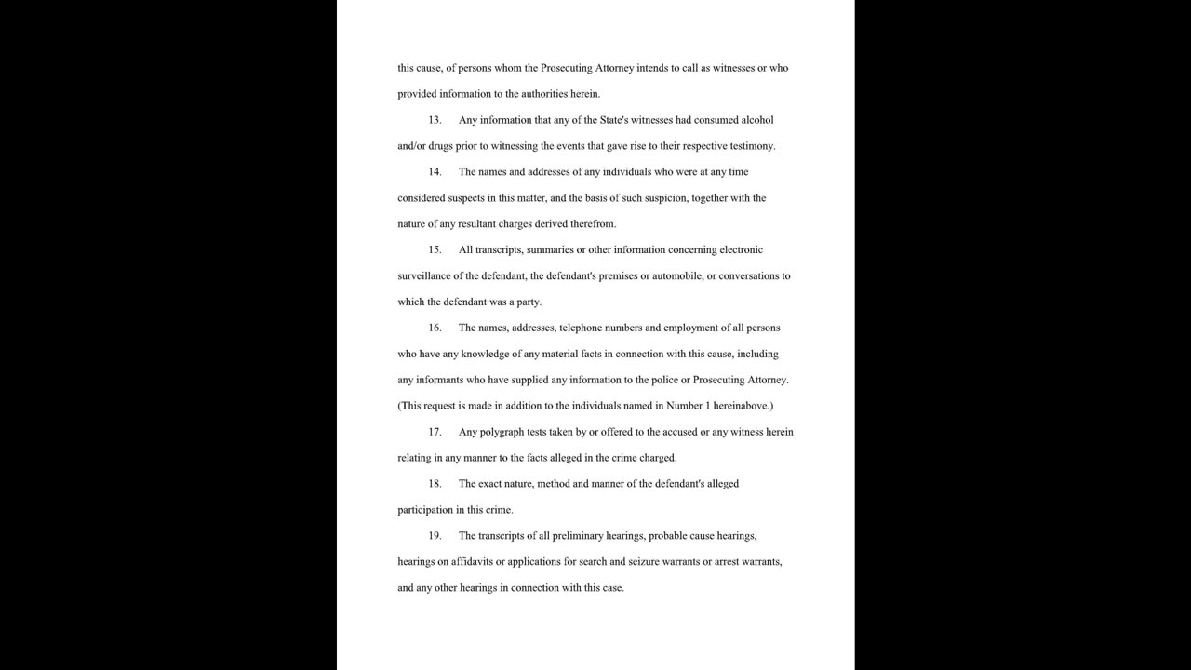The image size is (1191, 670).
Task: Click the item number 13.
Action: click(435, 120)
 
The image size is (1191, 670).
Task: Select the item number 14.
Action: click(435, 172)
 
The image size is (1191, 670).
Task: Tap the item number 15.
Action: click(435, 250)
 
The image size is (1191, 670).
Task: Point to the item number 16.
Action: click(435, 328)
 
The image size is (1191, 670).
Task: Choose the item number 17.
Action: click(435, 433)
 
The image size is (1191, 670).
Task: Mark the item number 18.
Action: click(435, 485)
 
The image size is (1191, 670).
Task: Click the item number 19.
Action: click(435, 537)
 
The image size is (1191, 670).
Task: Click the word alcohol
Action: click(755, 120)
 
